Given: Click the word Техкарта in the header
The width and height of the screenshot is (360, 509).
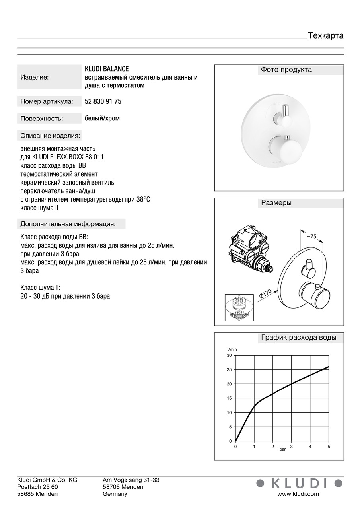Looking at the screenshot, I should [325, 36].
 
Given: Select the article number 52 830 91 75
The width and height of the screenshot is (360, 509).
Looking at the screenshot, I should [103, 101].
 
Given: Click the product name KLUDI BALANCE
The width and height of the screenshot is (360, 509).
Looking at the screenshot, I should [107, 69].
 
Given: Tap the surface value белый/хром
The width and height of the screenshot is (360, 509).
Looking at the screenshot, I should [102, 118].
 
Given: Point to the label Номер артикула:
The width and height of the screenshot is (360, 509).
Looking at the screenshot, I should [47, 102].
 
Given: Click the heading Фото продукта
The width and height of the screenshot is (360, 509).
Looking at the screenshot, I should [286, 70].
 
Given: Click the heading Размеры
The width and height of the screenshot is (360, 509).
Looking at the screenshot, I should [276, 203].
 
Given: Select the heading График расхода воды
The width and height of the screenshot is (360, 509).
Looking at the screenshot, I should [298, 338].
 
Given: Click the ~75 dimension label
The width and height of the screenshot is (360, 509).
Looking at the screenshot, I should [311, 236].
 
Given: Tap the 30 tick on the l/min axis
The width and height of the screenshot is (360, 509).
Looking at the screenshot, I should [229, 355].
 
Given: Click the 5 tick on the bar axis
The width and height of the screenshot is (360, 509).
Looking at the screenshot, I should [329, 447].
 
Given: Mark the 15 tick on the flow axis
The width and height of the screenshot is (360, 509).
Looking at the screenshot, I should [229, 398].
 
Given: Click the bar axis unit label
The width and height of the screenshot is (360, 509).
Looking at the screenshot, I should [282, 449].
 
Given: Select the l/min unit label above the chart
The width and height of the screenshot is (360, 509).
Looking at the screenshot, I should [232, 349].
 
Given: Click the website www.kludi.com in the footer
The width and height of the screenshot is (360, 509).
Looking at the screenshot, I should [298, 494].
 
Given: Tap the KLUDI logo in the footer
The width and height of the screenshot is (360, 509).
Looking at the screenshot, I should [299, 483].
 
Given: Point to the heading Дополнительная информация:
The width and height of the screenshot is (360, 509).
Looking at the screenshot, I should [68, 224].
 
